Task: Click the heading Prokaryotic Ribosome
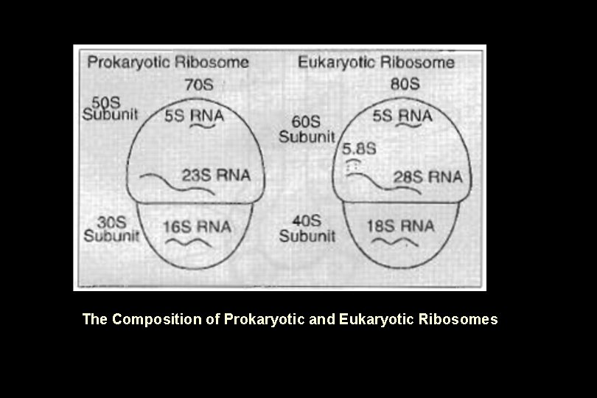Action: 168,62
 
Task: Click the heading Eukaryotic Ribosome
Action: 376,62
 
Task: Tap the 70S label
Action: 198,84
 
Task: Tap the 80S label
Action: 405,83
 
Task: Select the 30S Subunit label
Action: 111,228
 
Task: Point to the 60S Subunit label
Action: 307,129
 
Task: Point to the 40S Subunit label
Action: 307,228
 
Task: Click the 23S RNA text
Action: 216,175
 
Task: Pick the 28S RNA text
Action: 427,177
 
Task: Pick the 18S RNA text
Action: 400,226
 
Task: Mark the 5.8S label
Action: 360,148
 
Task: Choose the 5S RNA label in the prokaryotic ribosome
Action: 194,116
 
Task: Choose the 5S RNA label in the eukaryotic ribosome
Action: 402,116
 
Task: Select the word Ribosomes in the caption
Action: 458,319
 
